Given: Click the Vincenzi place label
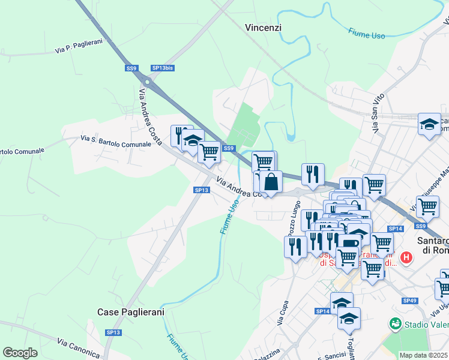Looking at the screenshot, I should [x=264, y=28].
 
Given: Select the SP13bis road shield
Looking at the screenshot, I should [x=163, y=68].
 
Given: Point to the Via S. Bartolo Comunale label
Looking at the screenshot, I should [x=116, y=142].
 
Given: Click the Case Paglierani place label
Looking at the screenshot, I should [x=126, y=313].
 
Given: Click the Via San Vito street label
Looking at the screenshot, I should [x=377, y=114].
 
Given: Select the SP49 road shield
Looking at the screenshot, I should [x=410, y=301].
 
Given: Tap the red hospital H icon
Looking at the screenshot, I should [x=407, y=258].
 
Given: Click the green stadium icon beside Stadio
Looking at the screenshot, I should [x=395, y=324].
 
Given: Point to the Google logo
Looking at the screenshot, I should [x=20, y=353].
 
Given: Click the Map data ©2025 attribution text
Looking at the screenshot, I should [x=423, y=355].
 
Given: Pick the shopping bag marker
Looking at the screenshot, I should [x=271, y=181].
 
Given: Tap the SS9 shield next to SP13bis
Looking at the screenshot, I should [x=131, y=68].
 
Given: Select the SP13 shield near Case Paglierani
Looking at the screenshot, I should [x=113, y=332].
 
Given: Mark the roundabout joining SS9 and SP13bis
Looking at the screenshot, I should [x=147, y=81].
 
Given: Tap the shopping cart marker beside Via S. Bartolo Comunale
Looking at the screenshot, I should [x=209, y=152].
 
